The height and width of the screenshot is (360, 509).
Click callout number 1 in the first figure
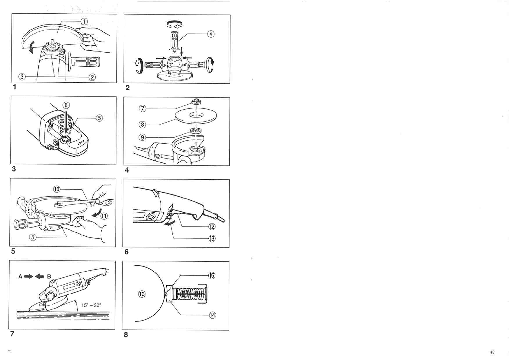pos(84,21)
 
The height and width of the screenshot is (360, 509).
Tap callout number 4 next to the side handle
pos(210,34)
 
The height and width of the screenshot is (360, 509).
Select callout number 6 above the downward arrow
pos(66,105)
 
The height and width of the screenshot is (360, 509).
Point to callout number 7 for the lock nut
pos(142,109)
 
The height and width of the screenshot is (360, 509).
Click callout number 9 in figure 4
pos(142,137)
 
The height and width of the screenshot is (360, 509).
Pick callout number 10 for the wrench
pos(57,189)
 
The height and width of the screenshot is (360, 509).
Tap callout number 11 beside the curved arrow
pos(104,216)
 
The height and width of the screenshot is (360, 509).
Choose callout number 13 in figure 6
pos(212,238)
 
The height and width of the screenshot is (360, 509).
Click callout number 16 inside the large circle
pos(142,294)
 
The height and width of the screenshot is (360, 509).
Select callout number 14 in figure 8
pos(213,315)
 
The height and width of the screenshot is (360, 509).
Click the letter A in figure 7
pos(21,277)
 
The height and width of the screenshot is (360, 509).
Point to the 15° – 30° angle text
pos(91,305)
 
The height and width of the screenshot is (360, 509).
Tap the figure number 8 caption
pos(126,335)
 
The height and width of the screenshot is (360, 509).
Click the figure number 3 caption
pos(14,169)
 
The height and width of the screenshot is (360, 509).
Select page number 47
pos(492,352)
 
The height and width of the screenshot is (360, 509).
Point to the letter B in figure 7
pos(49,277)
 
